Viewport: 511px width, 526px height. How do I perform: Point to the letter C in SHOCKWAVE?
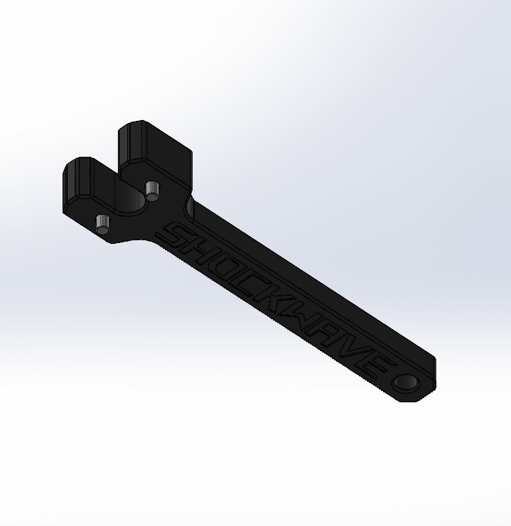pyautogui.click(x=247, y=284)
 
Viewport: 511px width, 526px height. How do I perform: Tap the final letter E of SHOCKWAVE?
pyautogui.click(x=375, y=363)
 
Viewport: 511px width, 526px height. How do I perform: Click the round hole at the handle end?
pyautogui.click(x=407, y=382)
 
